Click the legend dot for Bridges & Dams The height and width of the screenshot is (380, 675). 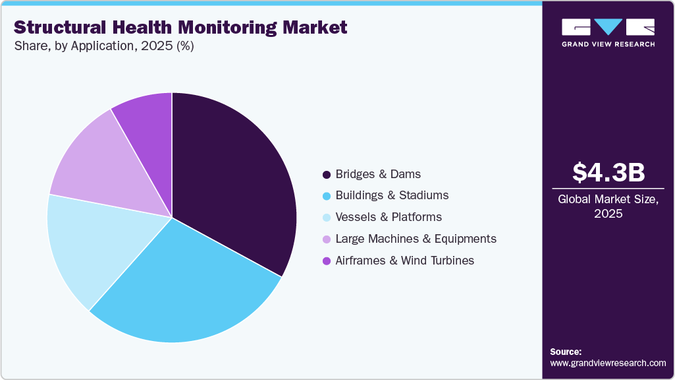pos(326,175)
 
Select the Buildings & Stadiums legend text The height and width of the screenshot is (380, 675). pos(392,195)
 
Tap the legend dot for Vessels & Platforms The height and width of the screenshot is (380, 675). pos(326,218)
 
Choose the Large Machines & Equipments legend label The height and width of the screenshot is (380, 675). pos(416,238)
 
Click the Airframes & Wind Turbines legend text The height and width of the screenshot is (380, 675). pos(404,260)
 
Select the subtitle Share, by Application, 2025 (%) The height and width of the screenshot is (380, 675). pos(103,46)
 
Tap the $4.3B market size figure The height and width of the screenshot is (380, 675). pos(608,172)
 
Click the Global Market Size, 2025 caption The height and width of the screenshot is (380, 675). pos(608,206)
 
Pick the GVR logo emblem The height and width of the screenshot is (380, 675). pos(608,26)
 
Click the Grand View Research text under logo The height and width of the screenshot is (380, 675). pos(608,44)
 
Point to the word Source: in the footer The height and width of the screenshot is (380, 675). pos(566,352)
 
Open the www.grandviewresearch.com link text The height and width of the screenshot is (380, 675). pos(608,363)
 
